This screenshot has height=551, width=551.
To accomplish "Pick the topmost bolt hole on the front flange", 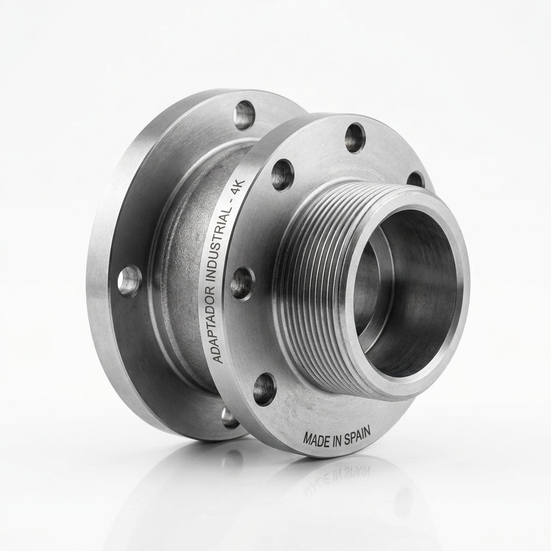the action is pyautogui.click(x=355, y=138).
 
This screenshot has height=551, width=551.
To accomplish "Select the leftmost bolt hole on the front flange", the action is pyautogui.click(x=243, y=283).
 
